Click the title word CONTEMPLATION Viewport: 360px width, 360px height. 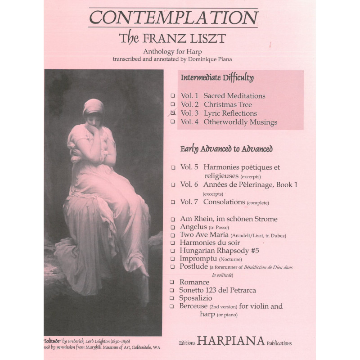tap(174, 18)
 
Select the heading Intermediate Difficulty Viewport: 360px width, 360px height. tap(217, 78)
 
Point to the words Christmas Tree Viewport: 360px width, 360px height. tap(234, 104)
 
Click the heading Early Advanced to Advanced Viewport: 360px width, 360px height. tap(226, 148)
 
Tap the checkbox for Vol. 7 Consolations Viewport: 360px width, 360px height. tap(173, 202)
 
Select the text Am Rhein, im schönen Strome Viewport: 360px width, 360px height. tap(228, 219)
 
